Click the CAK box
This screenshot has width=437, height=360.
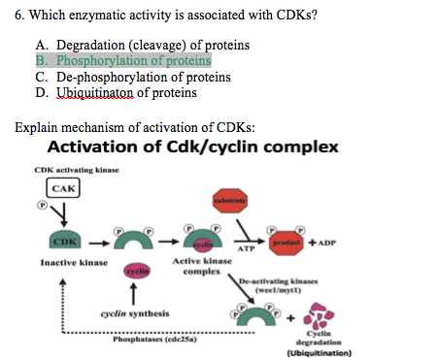64,188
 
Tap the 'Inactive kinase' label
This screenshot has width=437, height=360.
73,262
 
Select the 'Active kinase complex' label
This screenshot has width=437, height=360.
199,267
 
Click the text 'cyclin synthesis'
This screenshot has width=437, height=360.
134,314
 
